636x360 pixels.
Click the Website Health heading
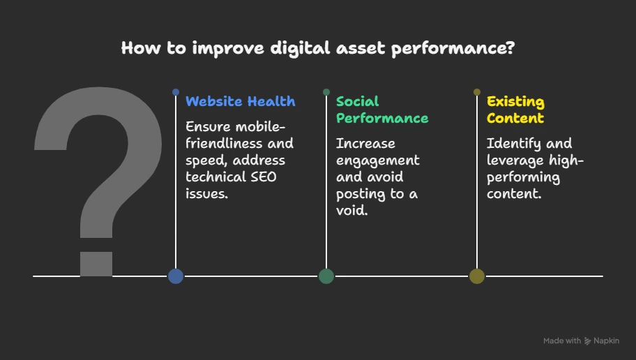point(240,101)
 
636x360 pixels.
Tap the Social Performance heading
point(382,110)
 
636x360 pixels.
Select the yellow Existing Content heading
point(515,110)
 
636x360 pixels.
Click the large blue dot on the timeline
point(176,276)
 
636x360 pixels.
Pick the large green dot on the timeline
point(326,276)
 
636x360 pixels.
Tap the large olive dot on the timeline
point(477,276)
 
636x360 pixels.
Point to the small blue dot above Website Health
point(176,92)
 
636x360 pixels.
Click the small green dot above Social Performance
point(326,92)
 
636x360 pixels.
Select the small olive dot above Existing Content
point(477,92)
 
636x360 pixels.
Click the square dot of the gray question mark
point(96,264)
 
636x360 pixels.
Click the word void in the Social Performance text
point(351,210)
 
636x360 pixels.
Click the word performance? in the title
point(453,49)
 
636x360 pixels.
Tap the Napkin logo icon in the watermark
point(587,341)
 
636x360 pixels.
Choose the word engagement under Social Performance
point(378,160)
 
